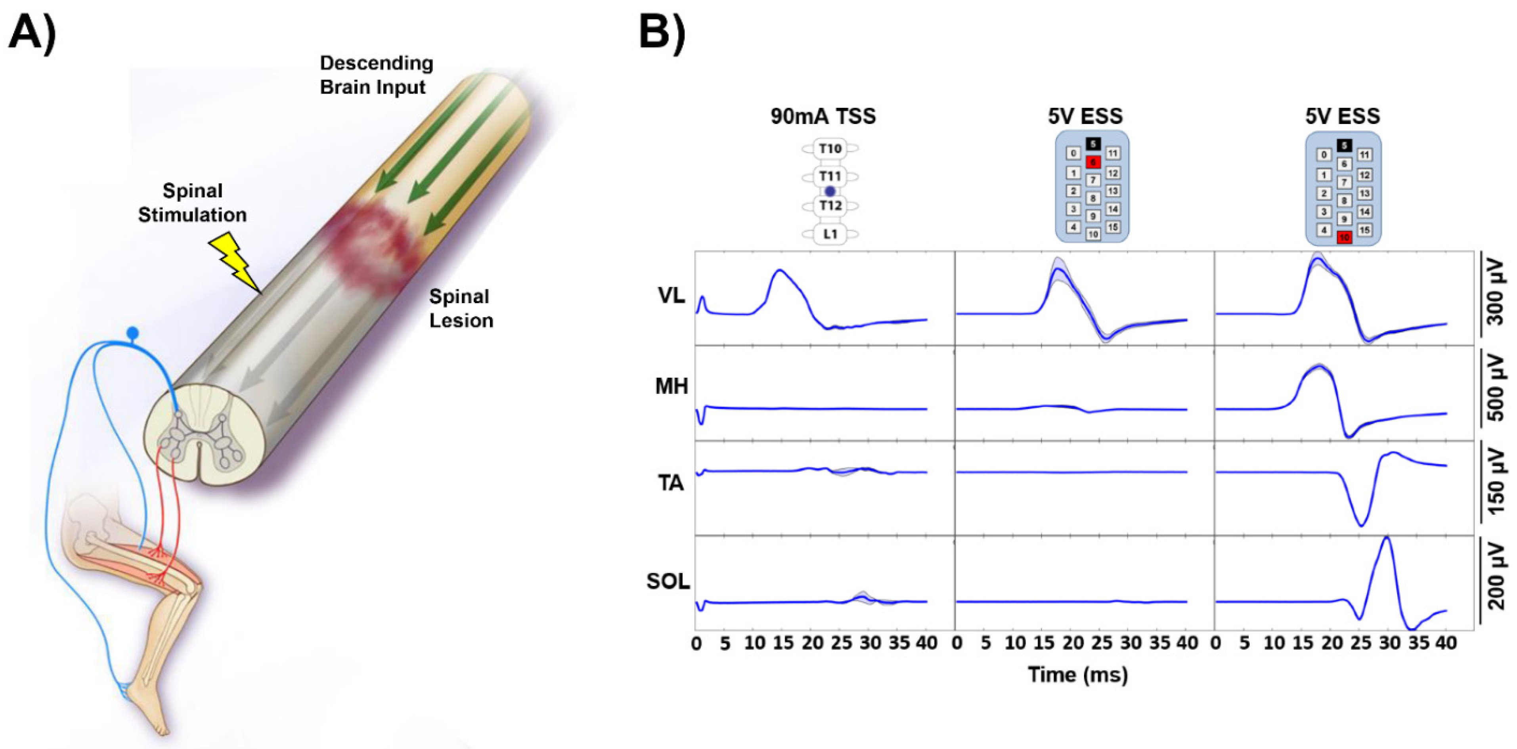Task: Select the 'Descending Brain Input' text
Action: coord(376,75)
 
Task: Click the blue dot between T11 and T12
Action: coord(830,191)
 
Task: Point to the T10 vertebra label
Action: coord(830,148)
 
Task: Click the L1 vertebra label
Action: coord(830,234)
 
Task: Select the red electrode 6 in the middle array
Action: coord(1093,162)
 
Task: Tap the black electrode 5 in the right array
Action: coord(1344,145)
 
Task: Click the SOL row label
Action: coord(668,582)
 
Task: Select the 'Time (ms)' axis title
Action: coord(1078,674)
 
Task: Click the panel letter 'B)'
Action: coord(662,34)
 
